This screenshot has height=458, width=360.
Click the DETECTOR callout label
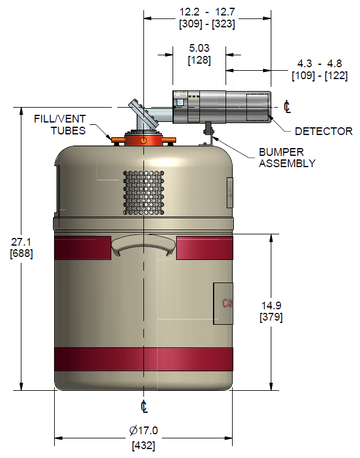[324, 131]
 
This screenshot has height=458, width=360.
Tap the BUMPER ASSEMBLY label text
[287, 158]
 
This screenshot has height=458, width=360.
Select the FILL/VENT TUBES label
[60, 125]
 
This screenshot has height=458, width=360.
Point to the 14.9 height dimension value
[271, 306]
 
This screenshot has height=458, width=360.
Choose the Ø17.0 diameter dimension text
[143, 431]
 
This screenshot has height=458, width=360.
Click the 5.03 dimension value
[199, 48]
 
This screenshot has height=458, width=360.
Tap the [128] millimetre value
[199, 60]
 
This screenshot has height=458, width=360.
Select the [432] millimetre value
[143, 446]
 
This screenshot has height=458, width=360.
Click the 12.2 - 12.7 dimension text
[207, 12]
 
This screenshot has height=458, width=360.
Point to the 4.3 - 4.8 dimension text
[320, 64]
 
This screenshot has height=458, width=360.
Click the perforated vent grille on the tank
[143, 193]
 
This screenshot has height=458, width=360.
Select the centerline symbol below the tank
[144, 406]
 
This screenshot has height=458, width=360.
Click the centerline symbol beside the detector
[287, 106]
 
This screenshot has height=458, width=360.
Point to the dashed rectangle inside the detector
[258, 107]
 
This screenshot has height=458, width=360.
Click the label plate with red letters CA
[223, 303]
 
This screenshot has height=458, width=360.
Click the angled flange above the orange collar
[144, 114]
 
